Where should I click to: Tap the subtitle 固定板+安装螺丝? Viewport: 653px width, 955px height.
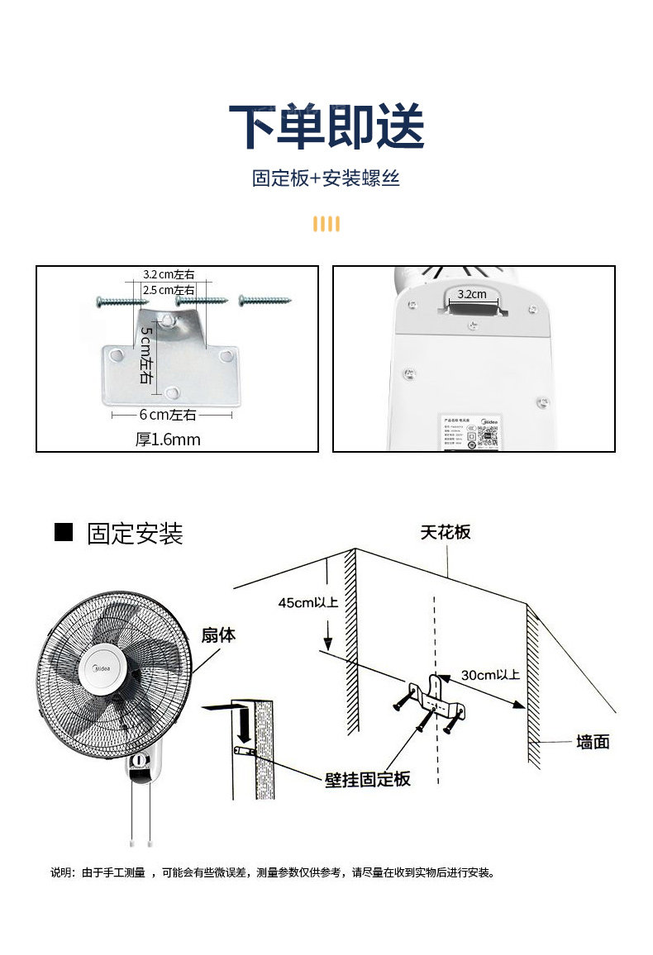326,178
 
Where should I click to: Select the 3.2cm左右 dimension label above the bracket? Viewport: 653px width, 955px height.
169,274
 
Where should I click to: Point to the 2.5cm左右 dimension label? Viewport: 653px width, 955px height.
169,290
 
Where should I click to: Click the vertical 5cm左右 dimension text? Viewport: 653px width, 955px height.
145,354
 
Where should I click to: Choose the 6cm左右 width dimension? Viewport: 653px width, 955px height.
168,415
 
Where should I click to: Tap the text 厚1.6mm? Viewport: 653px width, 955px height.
168,439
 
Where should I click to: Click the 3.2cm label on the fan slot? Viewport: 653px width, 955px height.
472,294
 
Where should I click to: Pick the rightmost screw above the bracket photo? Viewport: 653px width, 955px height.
265,299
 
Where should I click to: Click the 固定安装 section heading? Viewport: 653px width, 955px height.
135,534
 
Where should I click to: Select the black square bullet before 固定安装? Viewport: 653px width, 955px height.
64,533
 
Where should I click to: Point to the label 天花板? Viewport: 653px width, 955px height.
445,532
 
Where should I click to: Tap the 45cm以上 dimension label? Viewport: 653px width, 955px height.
308,602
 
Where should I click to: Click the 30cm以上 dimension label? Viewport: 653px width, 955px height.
490,675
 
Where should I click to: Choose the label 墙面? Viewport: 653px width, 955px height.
593,742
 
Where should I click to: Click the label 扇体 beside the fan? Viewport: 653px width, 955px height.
218,635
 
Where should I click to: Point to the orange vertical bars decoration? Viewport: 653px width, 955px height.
326,224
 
